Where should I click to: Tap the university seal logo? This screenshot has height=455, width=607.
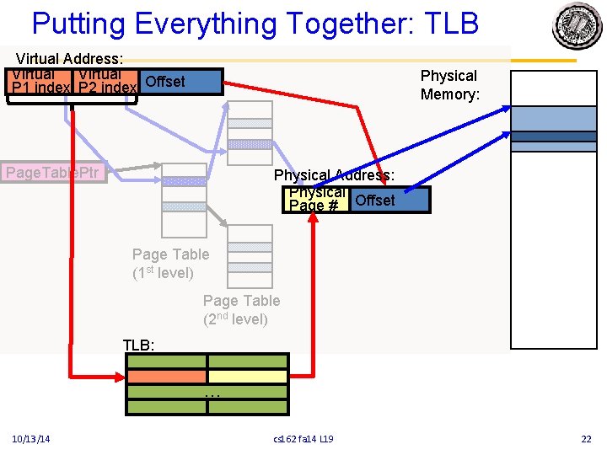(577, 25)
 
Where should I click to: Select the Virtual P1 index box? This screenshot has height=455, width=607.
(40, 83)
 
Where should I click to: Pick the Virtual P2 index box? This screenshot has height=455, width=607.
(106, 83)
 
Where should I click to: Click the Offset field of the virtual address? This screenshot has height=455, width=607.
(180, 82)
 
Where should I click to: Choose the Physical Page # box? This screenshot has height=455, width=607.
(316, 200)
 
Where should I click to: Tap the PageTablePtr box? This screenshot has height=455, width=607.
(52, 174)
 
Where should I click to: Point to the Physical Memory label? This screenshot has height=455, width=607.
(449, 85)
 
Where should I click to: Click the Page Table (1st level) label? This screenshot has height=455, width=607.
(169, 264)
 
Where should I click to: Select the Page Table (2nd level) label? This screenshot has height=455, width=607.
(241, 310)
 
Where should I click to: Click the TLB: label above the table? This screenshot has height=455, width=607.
(139, 345)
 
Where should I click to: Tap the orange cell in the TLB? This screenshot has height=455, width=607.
(166, 377)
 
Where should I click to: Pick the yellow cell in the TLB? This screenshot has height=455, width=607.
(248, 377)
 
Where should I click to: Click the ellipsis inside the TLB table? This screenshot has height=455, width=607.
(211, 393)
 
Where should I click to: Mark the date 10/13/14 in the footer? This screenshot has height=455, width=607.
(31, 439)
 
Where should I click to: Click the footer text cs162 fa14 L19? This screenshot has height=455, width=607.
(303, 439)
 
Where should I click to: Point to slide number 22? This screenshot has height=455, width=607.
(587, 439)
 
